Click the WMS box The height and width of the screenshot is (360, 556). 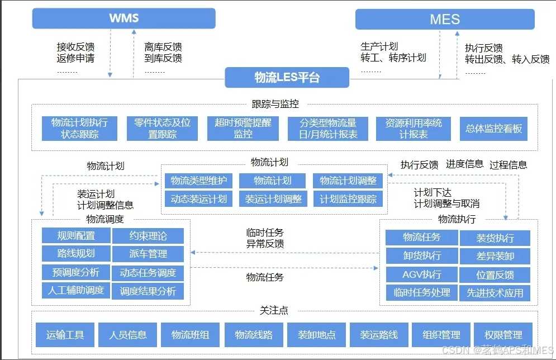pyautogui.click(x=123, y=18)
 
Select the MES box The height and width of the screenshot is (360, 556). pyautogui.click(x=445, y=20)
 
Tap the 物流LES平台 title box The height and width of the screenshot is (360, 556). pyautogui.click(x=287, y=78)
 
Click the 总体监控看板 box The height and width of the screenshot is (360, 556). pyautogui.click(x=493, y=129)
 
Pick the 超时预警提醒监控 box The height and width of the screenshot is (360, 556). pyautogui.click(x=243, y=129)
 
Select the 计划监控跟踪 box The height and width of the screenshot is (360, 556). pyautogui.click(x=348, y=198)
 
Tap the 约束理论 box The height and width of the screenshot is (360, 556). pyautogui.click(x=148, y=236)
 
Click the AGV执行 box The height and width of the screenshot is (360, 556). pyautogui.click(x=421, y=274)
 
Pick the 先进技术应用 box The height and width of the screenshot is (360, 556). pyautogui.click(x=495, y=293)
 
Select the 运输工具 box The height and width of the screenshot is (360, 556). pyautogui.click(x=65, y=335)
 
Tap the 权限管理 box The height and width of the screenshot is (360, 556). pyautogui.click(x=505, y=335)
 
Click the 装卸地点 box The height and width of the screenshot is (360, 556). pyautogui.click(x=316, y=335)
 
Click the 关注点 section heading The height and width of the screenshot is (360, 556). pyautogui.click(x=274, y=310)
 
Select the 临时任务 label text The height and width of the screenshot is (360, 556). pyautogui.click(x=265, y=233)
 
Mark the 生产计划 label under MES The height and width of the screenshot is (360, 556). pyautogui.click(x=379, y=47)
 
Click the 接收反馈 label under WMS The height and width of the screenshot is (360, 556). pyautogui.click(x=75, y=47)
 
